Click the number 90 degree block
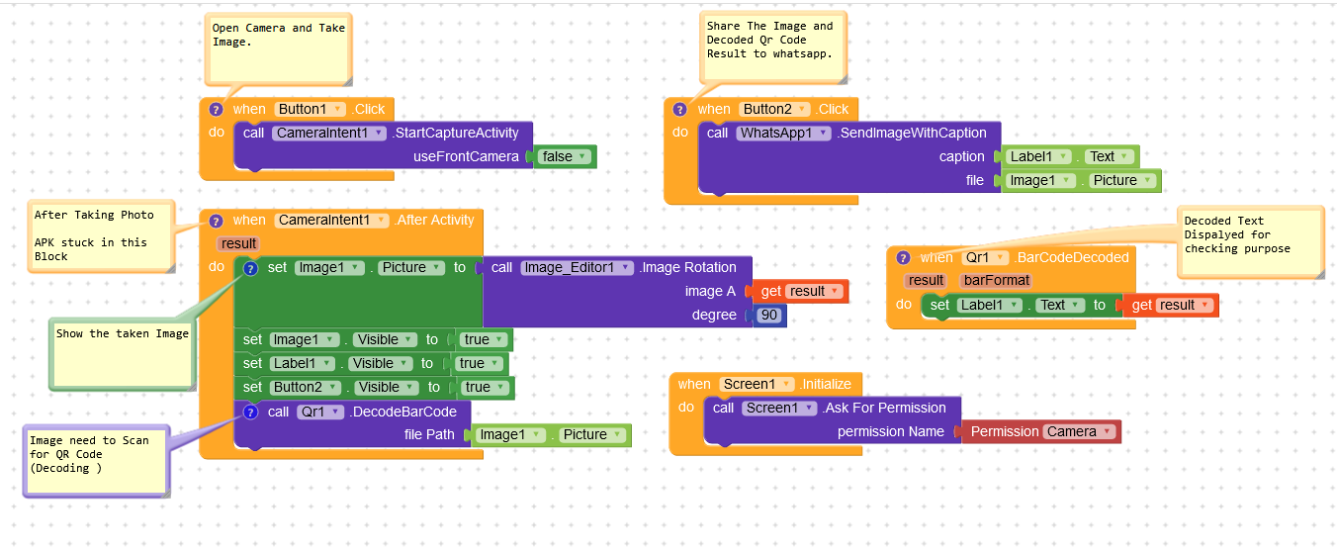(769, 316)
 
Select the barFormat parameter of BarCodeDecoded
(995, 280)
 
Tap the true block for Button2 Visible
(482, 388)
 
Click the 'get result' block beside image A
(801, 291)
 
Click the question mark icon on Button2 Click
(679, 109)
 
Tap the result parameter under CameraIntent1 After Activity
(238, 243)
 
